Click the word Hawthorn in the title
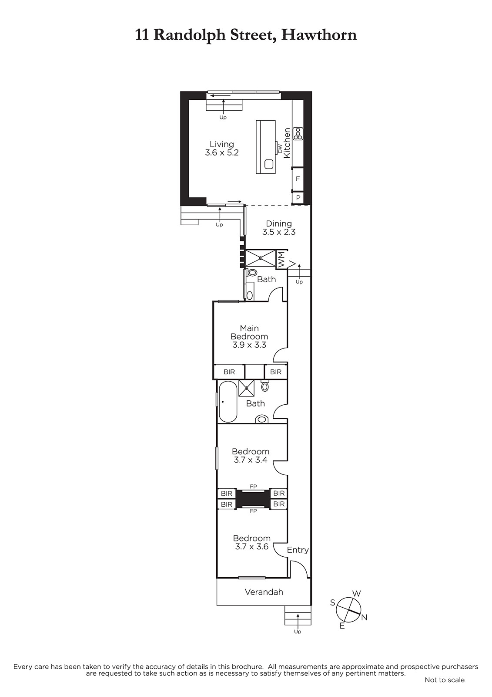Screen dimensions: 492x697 tap(319, 35)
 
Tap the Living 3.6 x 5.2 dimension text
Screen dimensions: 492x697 tap(221, 153)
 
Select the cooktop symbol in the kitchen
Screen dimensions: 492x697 tap(298, 134)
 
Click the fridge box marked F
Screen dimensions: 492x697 tap(298, 179)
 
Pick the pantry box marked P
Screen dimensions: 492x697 tap(298, 198)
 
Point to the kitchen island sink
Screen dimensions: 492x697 tap(269, 164)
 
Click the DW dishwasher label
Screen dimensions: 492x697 tap(280, 149)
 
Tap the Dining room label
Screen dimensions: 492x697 tap(279, 223)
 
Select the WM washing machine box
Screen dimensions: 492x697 tap(281, 259)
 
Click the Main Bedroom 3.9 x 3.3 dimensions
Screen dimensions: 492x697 tap(249, 345)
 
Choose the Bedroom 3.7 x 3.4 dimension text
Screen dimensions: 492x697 tap(251, 460)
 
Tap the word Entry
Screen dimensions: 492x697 tap(298, 550)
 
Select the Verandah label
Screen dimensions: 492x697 tap(264, 592)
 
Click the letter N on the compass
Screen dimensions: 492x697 tap(364, 617)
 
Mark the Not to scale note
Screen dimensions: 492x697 tap(445, 680)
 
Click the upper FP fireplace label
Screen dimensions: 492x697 tap(253, 486)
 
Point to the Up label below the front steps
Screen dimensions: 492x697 tap(298, 632)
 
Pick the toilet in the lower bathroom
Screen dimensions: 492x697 tap(265, 386)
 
